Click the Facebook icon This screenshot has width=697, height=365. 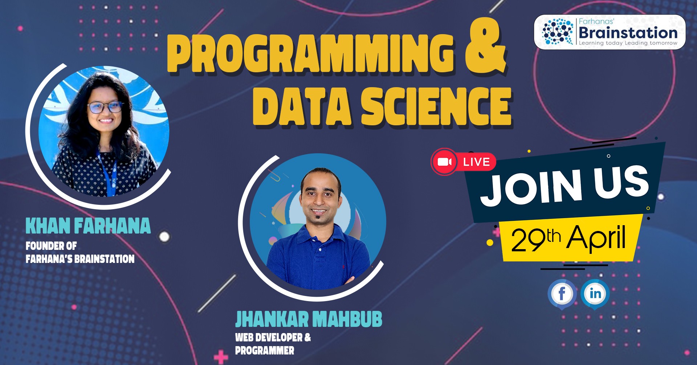[x=562, y=294]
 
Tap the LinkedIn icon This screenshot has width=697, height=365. [x=595, y=294]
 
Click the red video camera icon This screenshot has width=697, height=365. [x=444, y=162]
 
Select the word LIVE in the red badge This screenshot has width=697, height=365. [x=476, y=162]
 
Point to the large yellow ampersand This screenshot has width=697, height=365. [x=486, y=46]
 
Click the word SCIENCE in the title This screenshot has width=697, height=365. [x=436, y=107]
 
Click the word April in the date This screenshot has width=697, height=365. [x=596, y=238]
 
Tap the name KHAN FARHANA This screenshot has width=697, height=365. [x=88, y=226]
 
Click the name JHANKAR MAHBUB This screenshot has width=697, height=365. [x=309, y=319]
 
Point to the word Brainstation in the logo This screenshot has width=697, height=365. [x=628, y=33]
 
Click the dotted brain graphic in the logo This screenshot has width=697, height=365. [x=558, y=32]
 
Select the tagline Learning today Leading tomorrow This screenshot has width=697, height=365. [x=628, y=43]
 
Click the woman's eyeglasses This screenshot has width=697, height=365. [x=105, y=107]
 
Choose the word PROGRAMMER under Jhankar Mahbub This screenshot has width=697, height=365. [x=265, y=350]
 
